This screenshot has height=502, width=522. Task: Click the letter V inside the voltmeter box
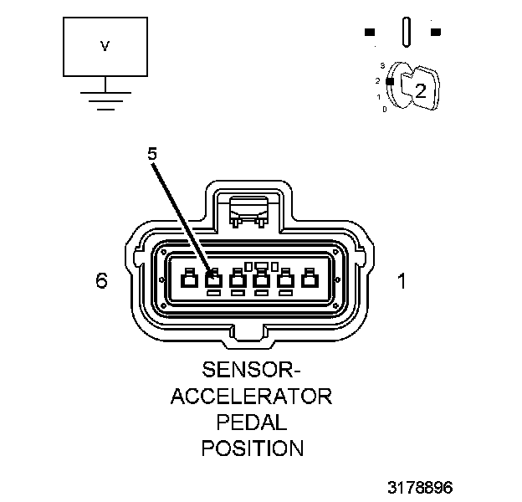click(105, 47)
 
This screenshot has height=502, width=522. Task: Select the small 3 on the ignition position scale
click(381, 64)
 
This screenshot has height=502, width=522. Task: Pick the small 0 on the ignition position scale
click(384, 109)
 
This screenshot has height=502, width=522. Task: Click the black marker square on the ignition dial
click(390, 80)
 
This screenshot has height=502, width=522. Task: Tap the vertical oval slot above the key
click(406, 33)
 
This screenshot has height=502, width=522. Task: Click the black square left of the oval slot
click(369, 33)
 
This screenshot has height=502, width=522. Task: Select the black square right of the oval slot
click(435, 33)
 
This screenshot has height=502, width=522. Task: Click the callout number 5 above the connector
click(151, 154)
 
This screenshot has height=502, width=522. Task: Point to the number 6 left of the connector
click(101, 281)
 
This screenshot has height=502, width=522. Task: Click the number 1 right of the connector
click(402, 281)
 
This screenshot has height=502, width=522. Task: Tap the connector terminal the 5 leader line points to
click(212, 282)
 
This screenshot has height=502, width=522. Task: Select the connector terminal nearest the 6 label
click(189, 282)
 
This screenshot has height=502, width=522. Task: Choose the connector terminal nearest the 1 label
click(310, 282)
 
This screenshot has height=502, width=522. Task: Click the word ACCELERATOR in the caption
click(252, 395)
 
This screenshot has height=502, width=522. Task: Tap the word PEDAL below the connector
click(252, 421)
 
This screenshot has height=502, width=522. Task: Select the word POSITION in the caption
click(252, 448)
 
